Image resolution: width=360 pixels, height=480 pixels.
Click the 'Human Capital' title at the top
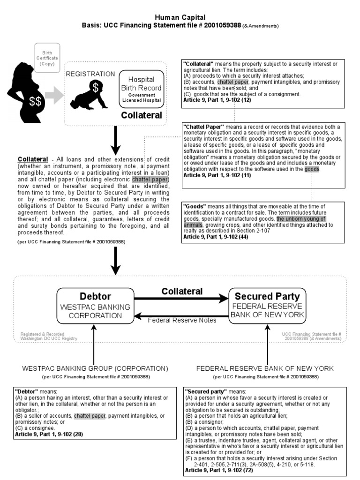(x=180, y=17)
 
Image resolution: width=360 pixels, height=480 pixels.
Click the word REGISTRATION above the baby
(x=90, y=74)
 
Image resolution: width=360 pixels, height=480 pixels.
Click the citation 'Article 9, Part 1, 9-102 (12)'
(x=217, y=100)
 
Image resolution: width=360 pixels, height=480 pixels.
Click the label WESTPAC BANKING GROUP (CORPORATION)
(x=95, y=368)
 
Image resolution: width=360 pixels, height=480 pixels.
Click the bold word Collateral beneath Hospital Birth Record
(x=142, y=115)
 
